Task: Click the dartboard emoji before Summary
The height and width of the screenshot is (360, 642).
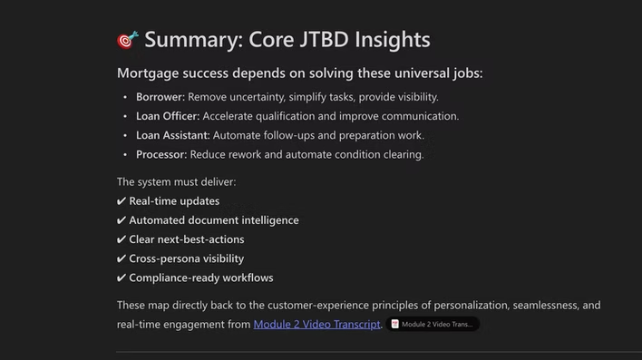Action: tap(128, 40)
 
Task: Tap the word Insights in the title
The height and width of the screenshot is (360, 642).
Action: tap(395, 40)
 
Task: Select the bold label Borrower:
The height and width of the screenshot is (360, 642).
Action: tap(160, 97)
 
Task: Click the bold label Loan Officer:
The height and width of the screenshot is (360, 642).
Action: tap(168, 116)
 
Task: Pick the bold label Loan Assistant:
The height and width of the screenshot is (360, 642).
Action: tap(173, 135)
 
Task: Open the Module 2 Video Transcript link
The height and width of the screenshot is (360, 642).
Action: tap(316, 324)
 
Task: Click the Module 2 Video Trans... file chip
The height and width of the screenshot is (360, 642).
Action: tap(432, 324)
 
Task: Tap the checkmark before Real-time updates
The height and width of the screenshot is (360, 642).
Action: tap(122, 201)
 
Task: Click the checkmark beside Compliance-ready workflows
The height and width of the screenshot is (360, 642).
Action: tap(122, 278)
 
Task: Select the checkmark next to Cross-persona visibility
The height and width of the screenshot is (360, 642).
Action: tap(122, 259)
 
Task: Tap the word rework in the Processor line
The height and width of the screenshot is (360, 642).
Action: tap(245, 154)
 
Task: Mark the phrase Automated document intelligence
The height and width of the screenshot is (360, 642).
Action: tap(214, 220)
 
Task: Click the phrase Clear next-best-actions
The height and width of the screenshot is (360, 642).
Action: tap(187, 240)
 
